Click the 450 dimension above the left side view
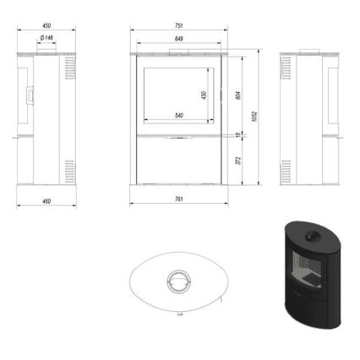tap(42, 26)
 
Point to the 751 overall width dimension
tap(178, 26)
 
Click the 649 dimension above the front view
tap(178, 39)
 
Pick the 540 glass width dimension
tap(178, 115)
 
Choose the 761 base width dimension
tap(178, 200)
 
